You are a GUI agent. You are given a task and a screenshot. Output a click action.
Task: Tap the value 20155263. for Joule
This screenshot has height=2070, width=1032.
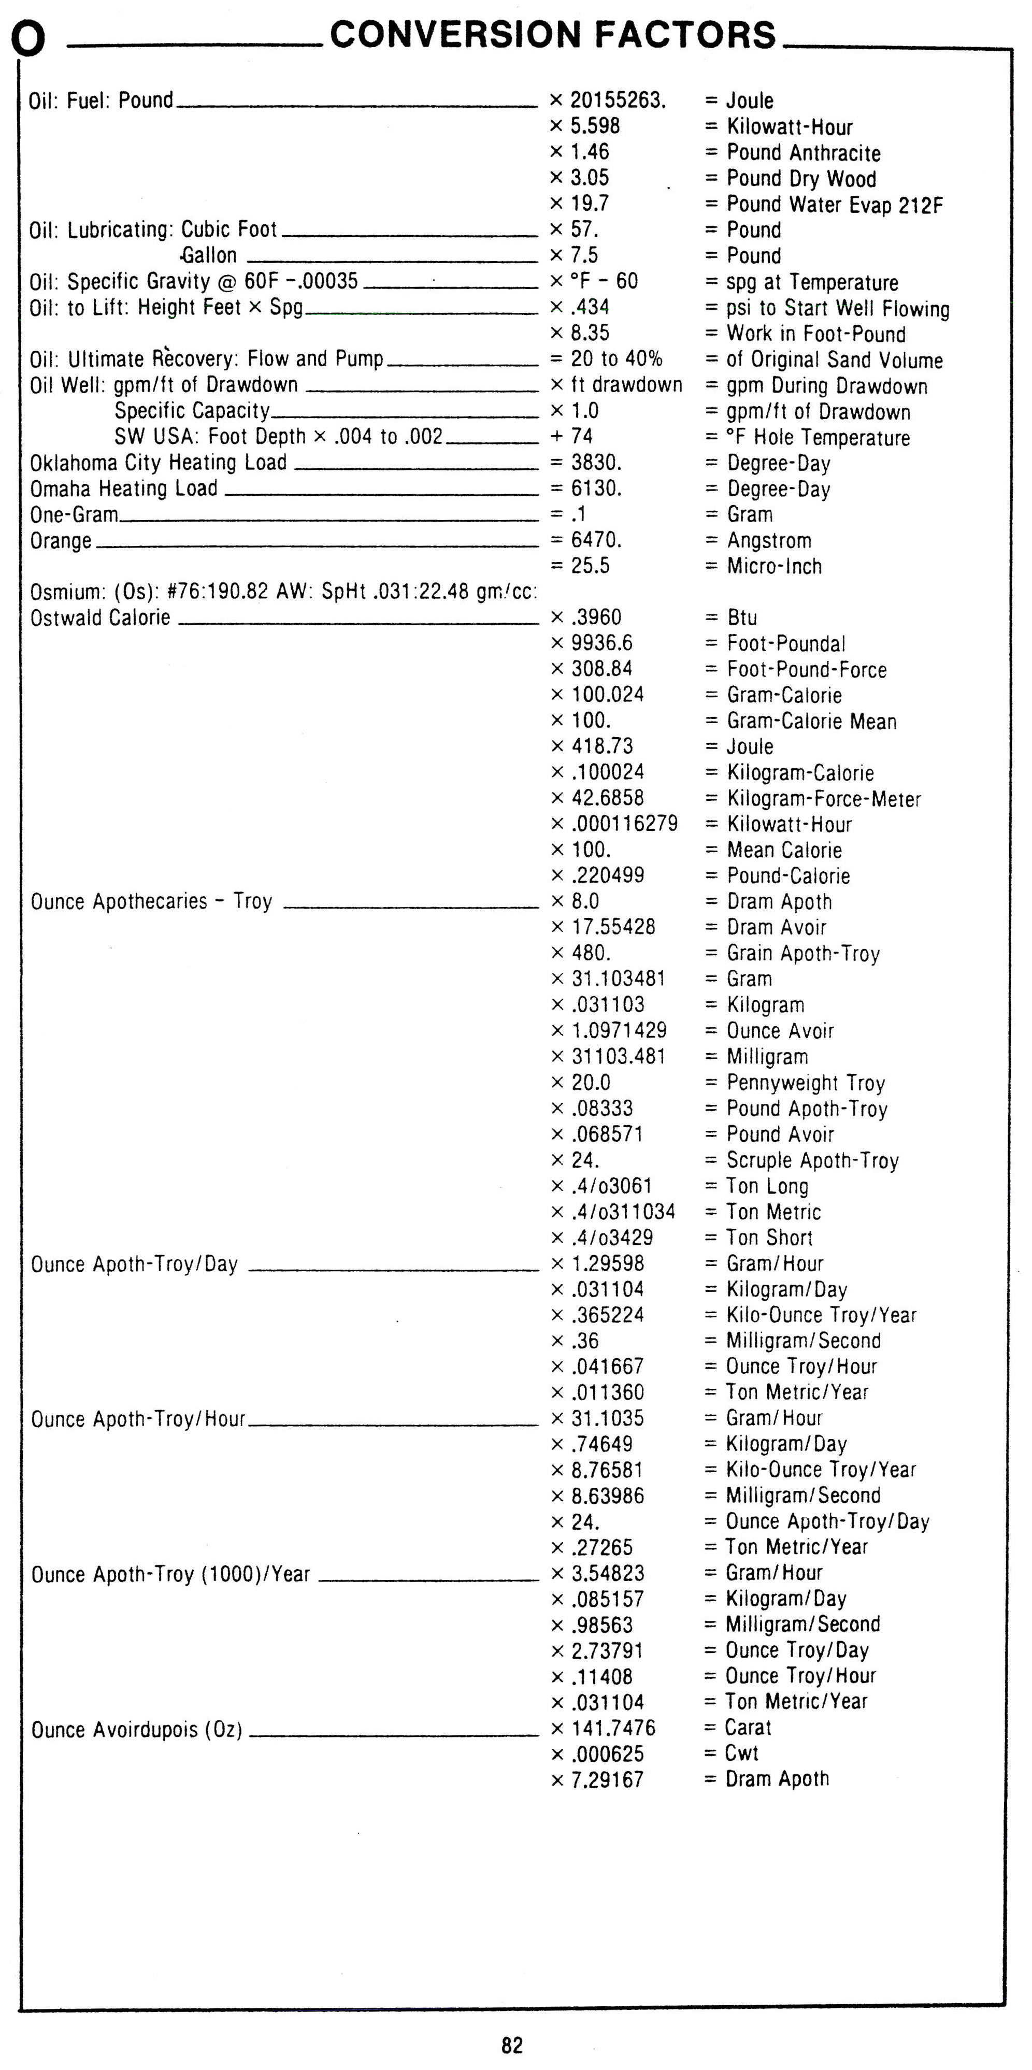[x=617, y=100]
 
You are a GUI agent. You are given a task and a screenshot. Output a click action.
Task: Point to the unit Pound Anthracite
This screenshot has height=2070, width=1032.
[x=803, y=153]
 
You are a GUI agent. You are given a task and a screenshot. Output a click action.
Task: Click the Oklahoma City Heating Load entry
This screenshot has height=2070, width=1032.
[x=159, y=463]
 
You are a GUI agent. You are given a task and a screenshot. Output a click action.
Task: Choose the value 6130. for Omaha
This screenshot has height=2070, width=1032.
[x=596, y=488]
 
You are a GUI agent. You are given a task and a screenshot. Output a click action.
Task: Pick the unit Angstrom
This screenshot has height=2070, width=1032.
[x=768, y=541]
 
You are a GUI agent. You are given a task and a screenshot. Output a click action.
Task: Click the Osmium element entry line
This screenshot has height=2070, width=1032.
[x=283, y=592]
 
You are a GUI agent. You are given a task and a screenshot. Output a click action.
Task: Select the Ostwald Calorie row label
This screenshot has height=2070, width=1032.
[x=101, y=618]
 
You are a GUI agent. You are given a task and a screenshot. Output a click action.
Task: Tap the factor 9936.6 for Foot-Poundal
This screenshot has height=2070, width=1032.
[x=602, y=644]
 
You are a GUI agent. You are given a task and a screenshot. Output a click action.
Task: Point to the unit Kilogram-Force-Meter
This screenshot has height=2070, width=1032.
[x=823, y=799]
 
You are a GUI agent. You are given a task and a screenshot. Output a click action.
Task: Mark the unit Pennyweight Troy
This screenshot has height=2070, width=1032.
[x=806, y=1083]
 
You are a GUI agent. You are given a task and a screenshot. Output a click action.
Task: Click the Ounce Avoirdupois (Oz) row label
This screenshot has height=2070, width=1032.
[x=137, y=1730]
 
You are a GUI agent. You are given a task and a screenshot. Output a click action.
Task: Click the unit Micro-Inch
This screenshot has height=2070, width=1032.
[x=773, y=567]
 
